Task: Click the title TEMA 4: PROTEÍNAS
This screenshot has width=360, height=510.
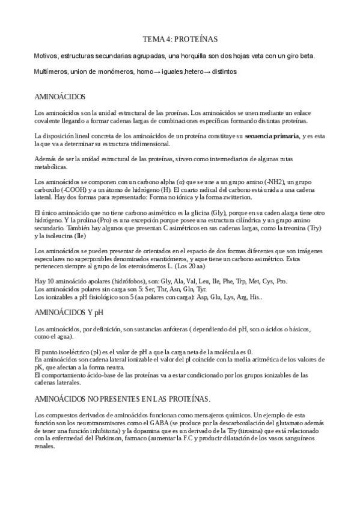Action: (180, 39)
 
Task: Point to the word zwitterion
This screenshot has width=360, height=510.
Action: (233, 197)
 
